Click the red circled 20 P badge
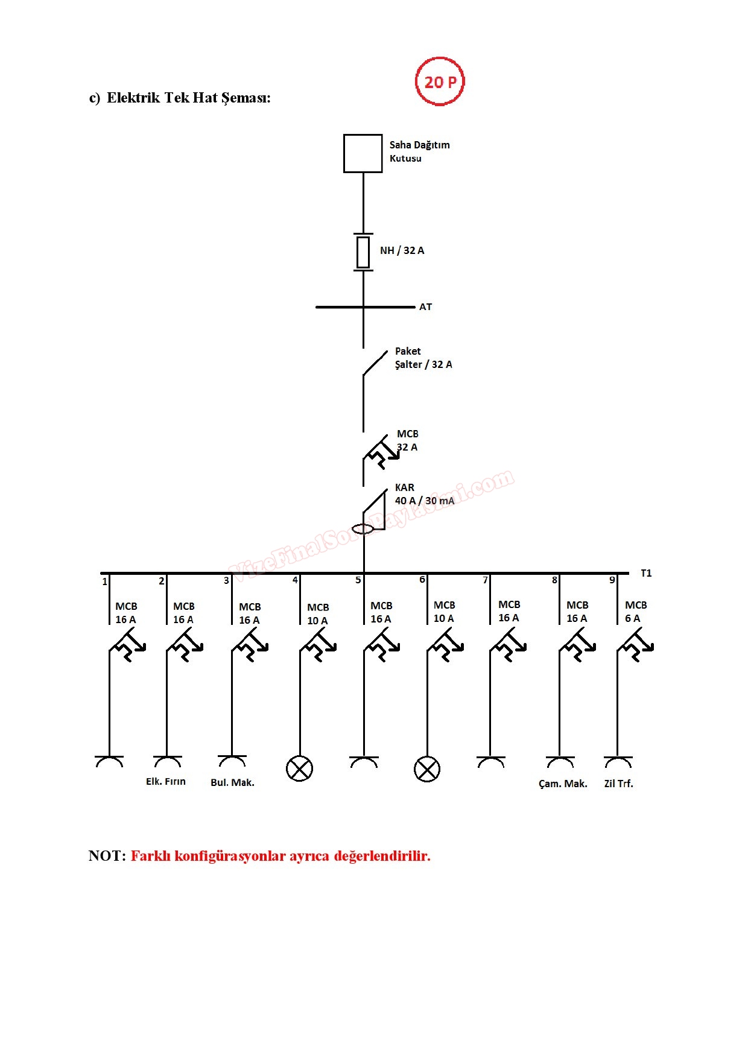click(440, 81)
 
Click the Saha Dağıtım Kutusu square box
click(363, 153)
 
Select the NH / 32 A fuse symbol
click(363, 252)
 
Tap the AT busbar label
click(425, 307)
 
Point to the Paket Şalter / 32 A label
click(423, 358)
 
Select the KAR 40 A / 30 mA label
click(424, 494)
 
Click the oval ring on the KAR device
click(363, 529)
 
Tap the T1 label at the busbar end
click(646, 573)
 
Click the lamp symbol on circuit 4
click(299, 768)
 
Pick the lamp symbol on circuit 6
click(427, 769)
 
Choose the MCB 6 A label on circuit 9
click(635, 612)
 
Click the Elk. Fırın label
click(166, 782)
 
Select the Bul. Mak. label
click(232, 783)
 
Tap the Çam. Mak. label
click(563, 784)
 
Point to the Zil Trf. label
click(618, 784)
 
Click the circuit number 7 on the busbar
click(485, 580)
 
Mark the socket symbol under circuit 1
click(109, 761)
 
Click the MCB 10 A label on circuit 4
click(318, 614)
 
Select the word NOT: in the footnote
click(107, 856)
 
